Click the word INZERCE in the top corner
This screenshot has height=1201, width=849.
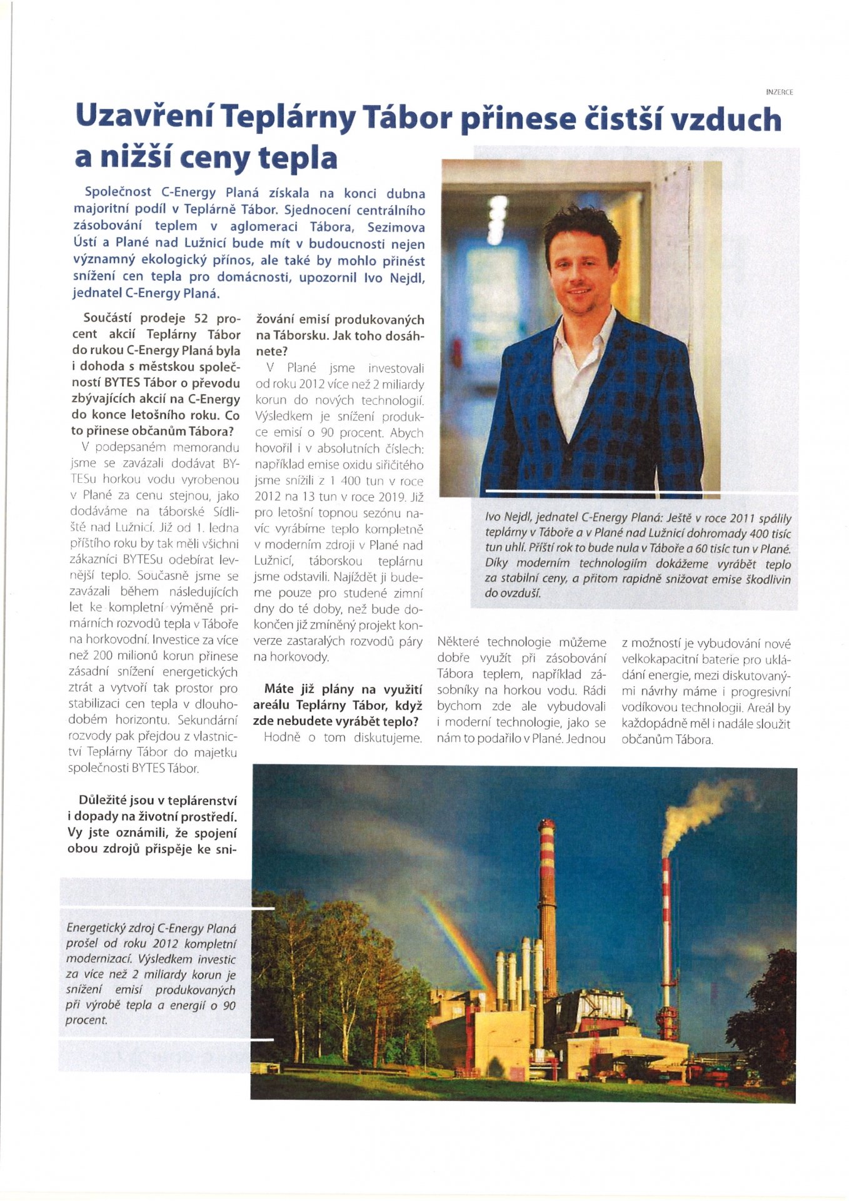(779, 92)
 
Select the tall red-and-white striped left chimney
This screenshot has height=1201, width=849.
(547, 901)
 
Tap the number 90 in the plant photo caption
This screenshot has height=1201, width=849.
(229, 1005)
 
